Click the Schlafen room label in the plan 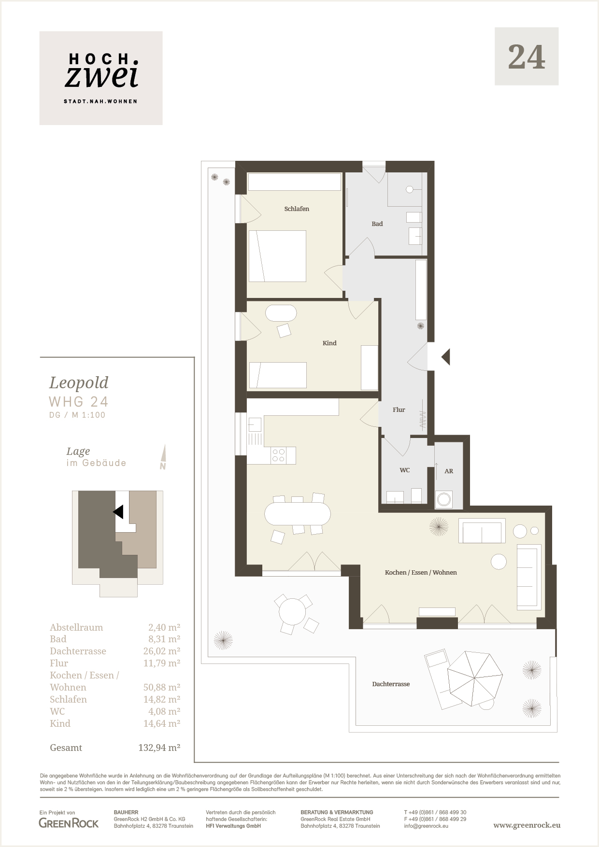(x=297, y=209)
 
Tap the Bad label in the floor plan (x=377, y=224)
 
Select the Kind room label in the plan (x=329, y=343)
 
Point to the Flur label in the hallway (x=399, y=409)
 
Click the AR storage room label (x=449, y=471)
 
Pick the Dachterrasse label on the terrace (x=391, y=684)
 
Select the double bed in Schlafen (x=277, y=256)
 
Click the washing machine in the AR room (x=444, y=499)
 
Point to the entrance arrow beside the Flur (x=446, y=357)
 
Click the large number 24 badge (x=527, y=56)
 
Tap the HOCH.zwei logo (x=101, y=78)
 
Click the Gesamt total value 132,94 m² (x=159, y=748)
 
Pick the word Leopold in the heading (x=79, y=382)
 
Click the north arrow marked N (x=163, y=457)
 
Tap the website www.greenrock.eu (x=527, y=825)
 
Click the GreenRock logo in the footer (x=69, y=823)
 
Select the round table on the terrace (x=292, y=611)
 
